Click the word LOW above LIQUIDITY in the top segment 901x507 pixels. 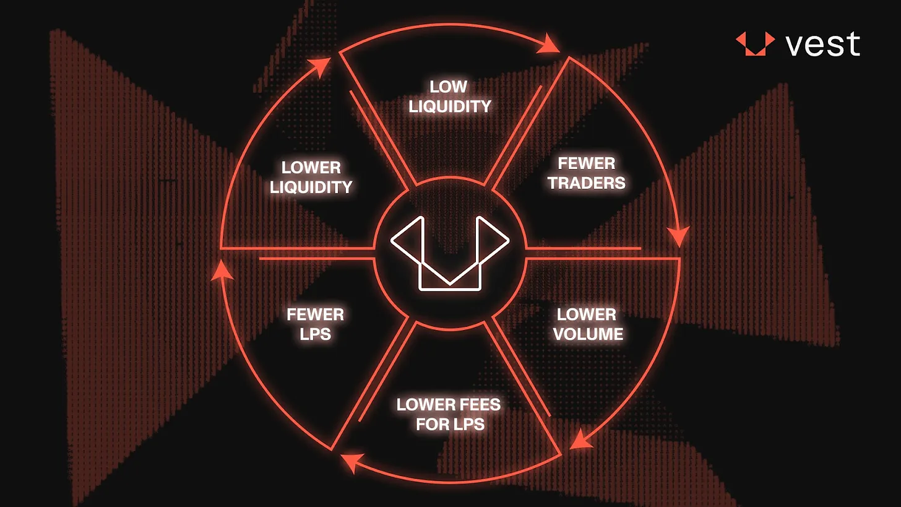(449, 87)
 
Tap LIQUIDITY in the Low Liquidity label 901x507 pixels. (450, 106)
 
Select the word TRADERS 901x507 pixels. (587, 183)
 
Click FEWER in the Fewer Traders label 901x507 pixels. (587, 163)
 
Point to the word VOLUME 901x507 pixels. (588, 334)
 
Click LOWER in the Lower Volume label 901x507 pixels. (587, 314)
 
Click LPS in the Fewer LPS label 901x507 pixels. (316, 334)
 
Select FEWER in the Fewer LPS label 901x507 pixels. (316, 314)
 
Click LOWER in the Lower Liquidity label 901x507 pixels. (311, 167)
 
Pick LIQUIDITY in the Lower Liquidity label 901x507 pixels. (311, 187)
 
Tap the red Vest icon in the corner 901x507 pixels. (755, 43)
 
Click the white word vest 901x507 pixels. (823, 44)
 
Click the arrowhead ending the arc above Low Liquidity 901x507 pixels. (550, 43)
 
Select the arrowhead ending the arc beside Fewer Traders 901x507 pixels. (679, 237)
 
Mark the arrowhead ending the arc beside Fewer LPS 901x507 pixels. (222, 271)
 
